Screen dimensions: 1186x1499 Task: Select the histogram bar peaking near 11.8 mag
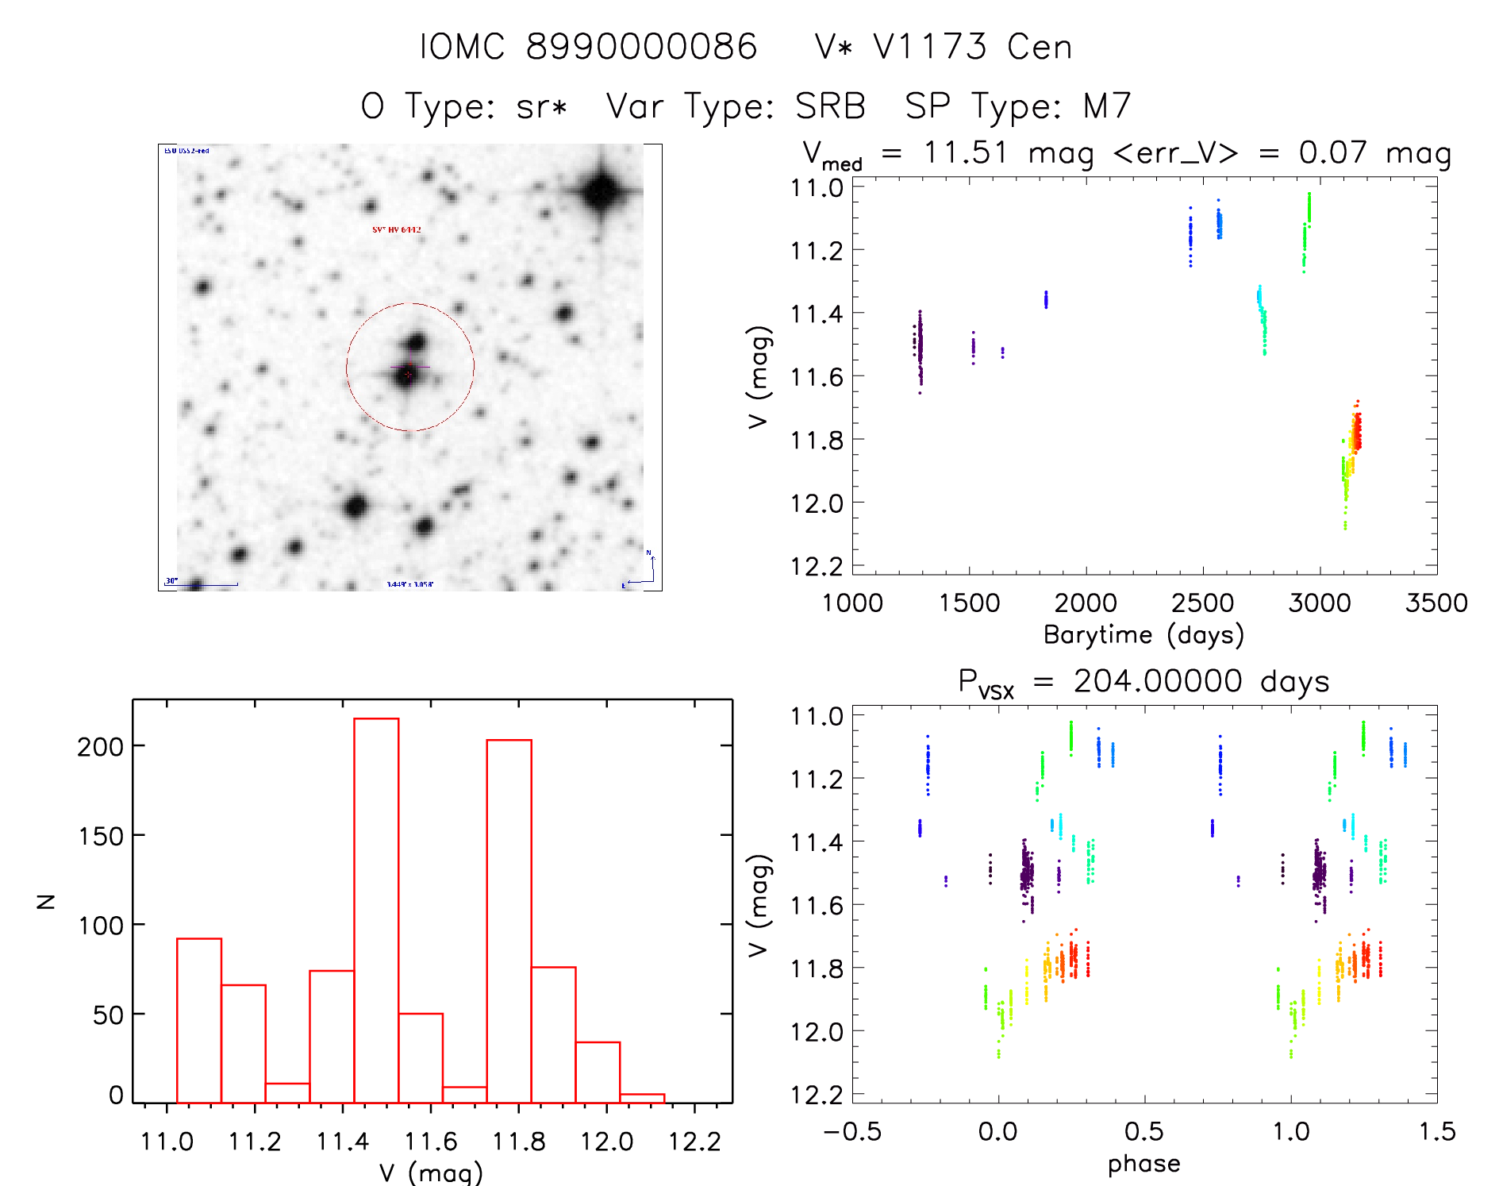pyautogui.click(x=509, y=921)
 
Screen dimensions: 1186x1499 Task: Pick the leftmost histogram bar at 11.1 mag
pyautogui.click(x=199, y=1020)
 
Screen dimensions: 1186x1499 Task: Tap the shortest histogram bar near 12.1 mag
pyautogui.click(x=642, y=1098)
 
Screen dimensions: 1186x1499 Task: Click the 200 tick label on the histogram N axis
pyautogui.click(x=101, y=747)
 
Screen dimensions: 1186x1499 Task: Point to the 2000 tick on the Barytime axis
pyautogui.click(x=1086, y=603)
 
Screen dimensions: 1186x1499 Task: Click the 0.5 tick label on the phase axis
pyautogui.click(x=1144, y=1132)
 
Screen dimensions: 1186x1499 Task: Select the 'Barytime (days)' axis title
pyautogui.click(x=1143, y=635)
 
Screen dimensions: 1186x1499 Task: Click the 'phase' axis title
pyautogui.click(x=1143, y=1164)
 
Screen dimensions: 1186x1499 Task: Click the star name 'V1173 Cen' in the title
pyautogui.click(x=972, y=48)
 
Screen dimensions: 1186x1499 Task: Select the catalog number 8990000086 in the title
pyautogui.click(x=641, y=48)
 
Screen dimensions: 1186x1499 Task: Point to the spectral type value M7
pyautogui.click(x=1107, y=106)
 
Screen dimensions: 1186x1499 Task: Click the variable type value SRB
pyautogui.click(x=830, y=106)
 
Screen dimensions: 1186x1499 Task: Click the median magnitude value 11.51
pyautogui.click(x=966, y=152)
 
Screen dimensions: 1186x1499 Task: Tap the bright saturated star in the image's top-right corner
pyautogui.click(x=601, y=191)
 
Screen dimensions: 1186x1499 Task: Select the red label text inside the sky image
pyautogui.click(x=397, y=230)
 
